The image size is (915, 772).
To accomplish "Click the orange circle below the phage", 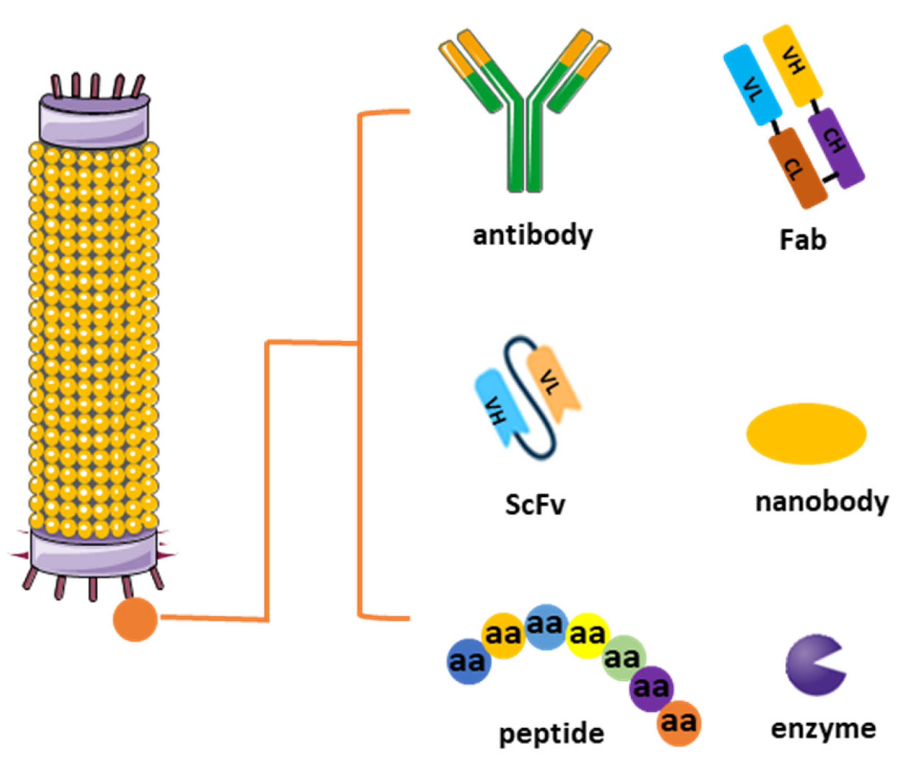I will tap(135, 619).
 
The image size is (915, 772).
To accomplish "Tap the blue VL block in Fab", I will tap(752, 85).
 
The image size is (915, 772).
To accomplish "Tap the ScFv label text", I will tap(535, 505).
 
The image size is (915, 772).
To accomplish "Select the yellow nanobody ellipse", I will tap(806, 433).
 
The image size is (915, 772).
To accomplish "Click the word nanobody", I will tap(822, 502).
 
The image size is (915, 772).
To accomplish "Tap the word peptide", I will tap(552, 734).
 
